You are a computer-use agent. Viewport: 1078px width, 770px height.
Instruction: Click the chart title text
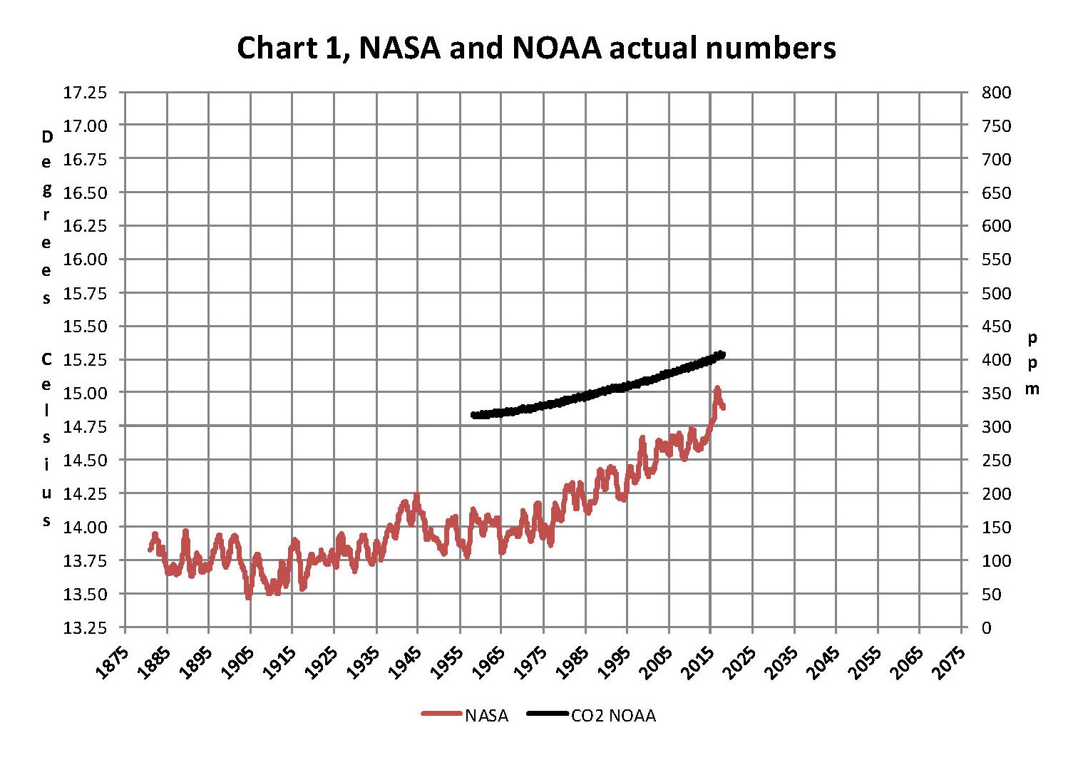(536, 48)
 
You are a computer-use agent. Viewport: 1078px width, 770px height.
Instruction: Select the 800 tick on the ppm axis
(996, 93)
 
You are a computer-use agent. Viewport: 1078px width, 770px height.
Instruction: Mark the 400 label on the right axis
(996, 360)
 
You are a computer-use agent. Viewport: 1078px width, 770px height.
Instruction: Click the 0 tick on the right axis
(986, 628)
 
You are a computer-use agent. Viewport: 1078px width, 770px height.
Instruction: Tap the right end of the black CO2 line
(723, 354)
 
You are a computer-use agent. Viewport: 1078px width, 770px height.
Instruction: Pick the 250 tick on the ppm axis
(996, 461)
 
